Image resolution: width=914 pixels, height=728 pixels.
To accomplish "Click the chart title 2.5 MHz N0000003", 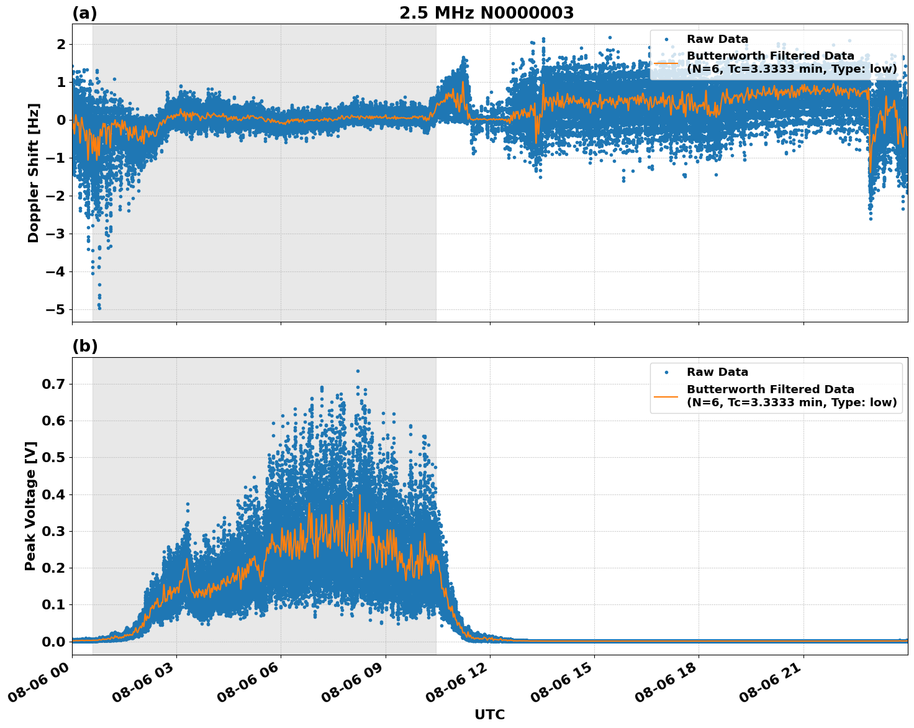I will click(x=486, y=13).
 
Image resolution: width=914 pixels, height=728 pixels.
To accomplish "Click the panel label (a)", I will click(x=84, y=13).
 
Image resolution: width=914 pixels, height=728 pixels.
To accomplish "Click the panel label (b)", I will click(x=84, y=346).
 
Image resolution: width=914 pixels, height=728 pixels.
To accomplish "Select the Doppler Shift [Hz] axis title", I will click(x=34, y=173).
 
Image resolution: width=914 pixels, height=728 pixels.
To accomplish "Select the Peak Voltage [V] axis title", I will click(x=30, y=506).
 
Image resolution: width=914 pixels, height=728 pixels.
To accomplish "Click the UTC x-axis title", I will click(x=489, y=714).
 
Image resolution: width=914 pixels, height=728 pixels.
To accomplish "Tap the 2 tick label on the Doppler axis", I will click(x=61, y=44).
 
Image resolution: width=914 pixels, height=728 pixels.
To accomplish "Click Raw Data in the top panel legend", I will click(x=717, y=39).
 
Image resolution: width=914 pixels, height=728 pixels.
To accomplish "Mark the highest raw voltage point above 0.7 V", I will click(x=358, y=371).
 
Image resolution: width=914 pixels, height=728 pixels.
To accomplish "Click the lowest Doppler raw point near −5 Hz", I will click(x=99, y=307).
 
